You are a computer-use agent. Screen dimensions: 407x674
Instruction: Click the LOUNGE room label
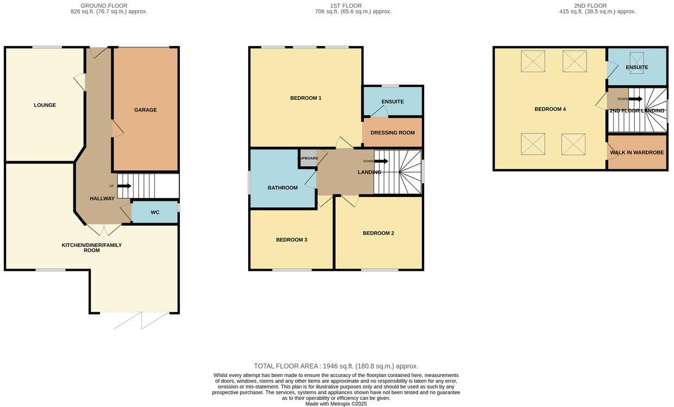pos(45,105)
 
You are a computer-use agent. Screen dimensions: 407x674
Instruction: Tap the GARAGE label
pos(146,110)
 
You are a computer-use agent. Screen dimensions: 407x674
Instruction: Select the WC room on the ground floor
pos(155,212)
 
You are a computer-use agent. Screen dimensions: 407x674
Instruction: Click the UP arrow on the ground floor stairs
pos(124,186)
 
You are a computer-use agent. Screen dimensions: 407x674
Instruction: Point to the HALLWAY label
pos(102,199)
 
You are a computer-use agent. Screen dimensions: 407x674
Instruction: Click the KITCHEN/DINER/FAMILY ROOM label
pos(91,247)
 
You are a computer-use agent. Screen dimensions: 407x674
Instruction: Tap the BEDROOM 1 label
pos(306,98)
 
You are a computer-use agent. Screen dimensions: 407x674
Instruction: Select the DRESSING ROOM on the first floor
pos(392,133)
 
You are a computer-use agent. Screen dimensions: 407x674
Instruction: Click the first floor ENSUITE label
pos(392,101)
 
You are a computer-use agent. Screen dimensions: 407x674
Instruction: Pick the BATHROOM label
pos(282,188)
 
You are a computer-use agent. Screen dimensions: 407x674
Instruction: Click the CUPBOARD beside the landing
pos(308,158)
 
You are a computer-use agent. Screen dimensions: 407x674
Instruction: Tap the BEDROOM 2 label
pos(378,233)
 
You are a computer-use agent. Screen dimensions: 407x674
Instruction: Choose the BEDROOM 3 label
pos(292,240)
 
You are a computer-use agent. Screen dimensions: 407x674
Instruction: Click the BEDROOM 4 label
pos(550,109)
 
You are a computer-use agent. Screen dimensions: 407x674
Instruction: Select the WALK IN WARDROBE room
pos(637,152)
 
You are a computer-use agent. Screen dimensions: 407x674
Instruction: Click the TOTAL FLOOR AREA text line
pos(336,366)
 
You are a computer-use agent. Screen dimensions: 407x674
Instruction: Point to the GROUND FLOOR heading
pos(104,6)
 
